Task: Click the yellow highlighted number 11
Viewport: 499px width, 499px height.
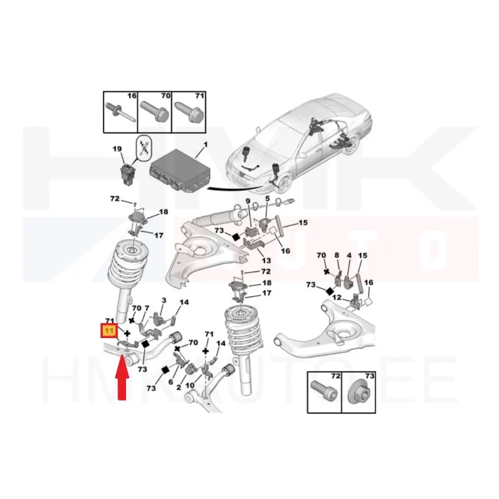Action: click(x=109, y=331)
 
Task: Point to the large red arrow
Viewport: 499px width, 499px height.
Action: click(x=122, y=378)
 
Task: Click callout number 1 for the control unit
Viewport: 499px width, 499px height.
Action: click(x=206, y=145)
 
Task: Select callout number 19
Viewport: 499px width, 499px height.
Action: click(x=117, y=148)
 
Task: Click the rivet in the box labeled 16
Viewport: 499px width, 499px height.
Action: click(x=120, y=112)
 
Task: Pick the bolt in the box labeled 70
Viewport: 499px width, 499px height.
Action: click(x=154, y=112)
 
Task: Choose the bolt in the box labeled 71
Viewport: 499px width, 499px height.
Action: click(x=188, y=112)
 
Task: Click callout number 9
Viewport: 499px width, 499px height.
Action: click(x=248, y=201)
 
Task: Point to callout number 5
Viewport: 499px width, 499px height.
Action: click(x=267, y=198)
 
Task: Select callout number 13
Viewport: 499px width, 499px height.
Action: click(x=266, y=260)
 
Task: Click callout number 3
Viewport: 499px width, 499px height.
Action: click(x=164, y=300)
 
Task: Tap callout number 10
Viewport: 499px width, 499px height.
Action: click(x=190, y=385)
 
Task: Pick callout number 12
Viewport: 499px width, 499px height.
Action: click(x=337, y=298)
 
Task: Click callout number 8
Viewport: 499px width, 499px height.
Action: click(x=337, y=255)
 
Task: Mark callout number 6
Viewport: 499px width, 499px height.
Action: click(x=170, y=382)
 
